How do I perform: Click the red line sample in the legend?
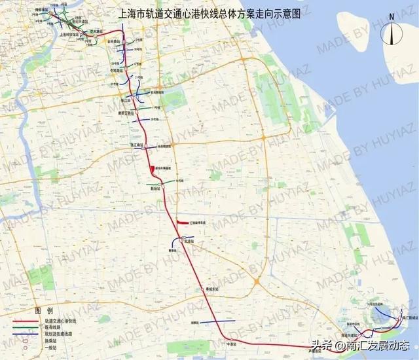click(26, 321)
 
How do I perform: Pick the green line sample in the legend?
click(26, 327)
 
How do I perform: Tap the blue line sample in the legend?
click(26, 333)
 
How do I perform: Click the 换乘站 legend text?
click(50, 339)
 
